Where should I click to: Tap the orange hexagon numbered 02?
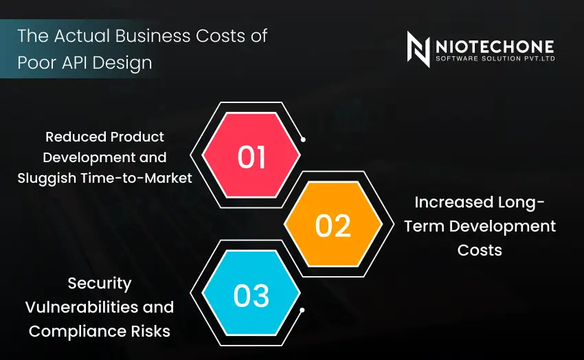[334, 225]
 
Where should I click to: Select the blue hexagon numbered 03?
[252, 295]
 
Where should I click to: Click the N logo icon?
[418, 49]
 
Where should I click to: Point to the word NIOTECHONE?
[494, 45]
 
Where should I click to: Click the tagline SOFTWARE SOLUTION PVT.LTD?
[494, 58]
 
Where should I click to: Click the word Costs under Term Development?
[480, 249]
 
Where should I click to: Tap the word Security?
[99, 283]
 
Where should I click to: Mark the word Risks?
[150, 330]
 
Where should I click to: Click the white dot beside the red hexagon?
[303, 139]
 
